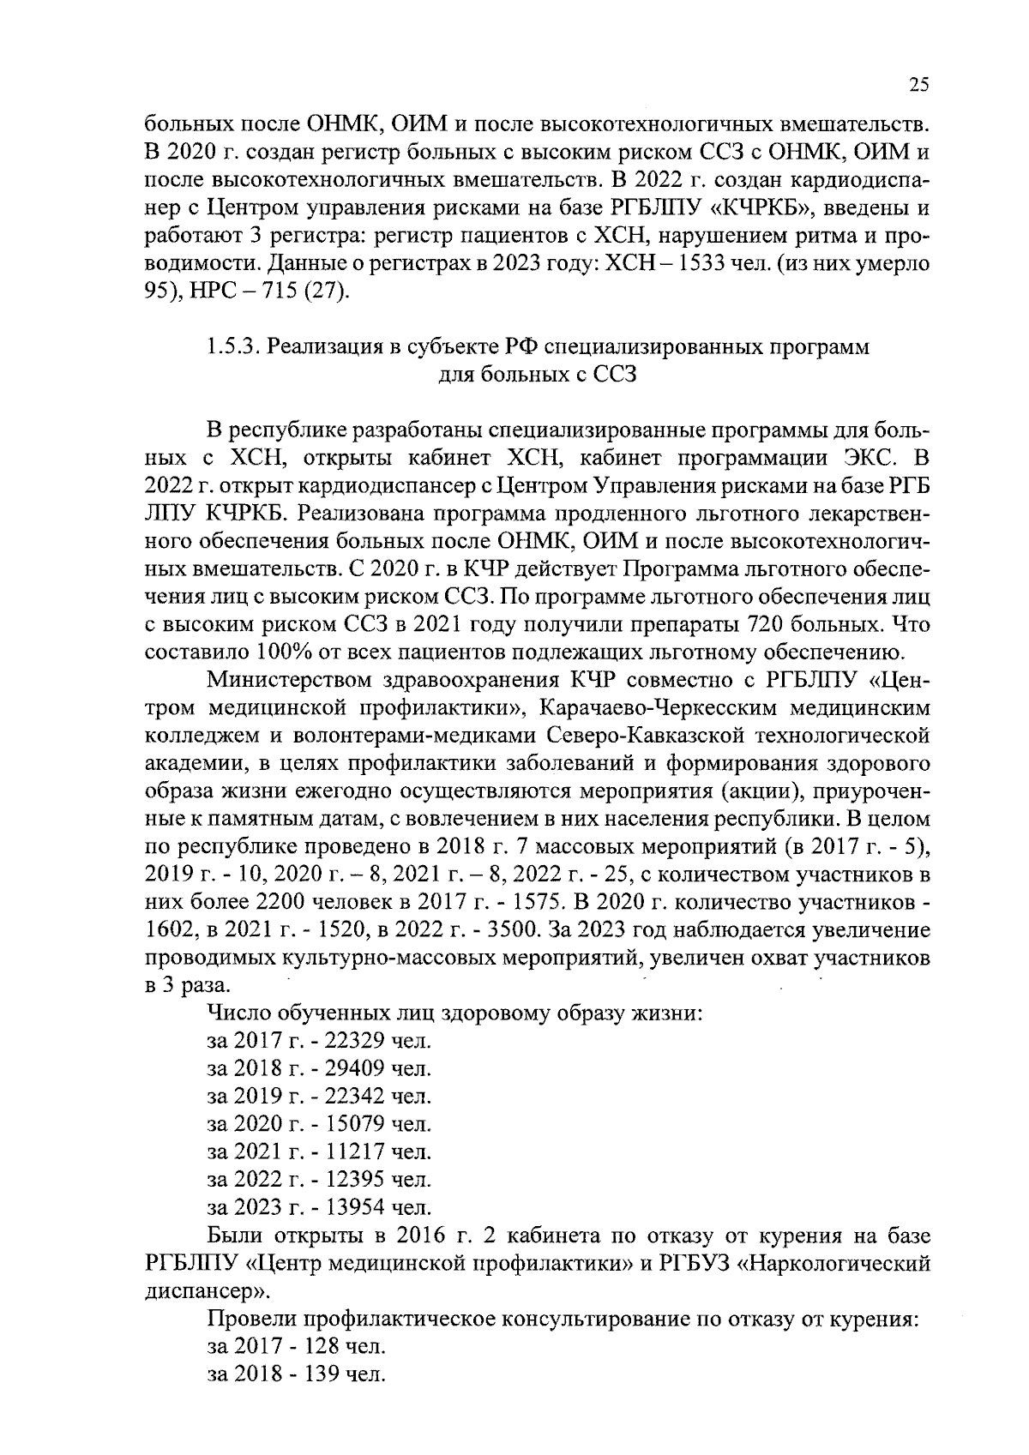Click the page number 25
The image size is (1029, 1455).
pyautogui.click(x=918, y=85)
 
